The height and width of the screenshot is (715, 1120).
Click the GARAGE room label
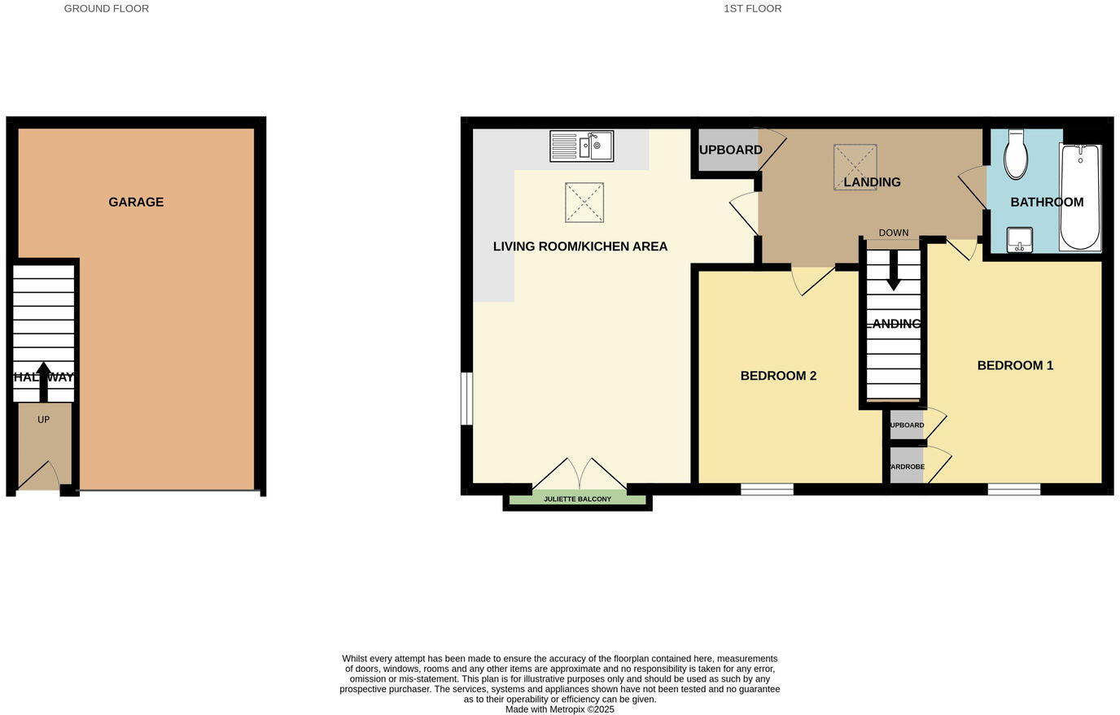(x=136, y=202)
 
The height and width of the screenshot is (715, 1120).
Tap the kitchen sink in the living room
(x=581, y=146)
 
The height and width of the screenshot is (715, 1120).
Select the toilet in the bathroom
(x=1015, y=155)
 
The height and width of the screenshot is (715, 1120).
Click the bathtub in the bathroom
(x=1079, y=197)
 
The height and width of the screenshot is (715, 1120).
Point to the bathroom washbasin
(x=1019, y=240)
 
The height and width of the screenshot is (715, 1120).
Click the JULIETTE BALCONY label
(x=577, y=499)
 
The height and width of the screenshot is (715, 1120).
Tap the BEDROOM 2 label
(x=778, y=376)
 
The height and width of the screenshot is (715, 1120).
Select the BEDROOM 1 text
(x=1015, y=365)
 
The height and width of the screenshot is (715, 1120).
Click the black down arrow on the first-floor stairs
(x=893, y=270)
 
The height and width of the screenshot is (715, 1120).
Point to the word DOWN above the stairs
(x=893, y=233)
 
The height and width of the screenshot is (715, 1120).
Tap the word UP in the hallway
(x=44, y=420)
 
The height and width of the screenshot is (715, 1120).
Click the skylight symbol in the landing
(x=855, y=167)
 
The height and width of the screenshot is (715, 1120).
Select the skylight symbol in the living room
(x=584, y=203)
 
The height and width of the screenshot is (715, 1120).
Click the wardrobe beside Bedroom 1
(x=907, y=467)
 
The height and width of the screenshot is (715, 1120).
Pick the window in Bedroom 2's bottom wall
(x=767, y=489)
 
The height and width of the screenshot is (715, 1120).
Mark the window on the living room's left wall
(x=466, y=399)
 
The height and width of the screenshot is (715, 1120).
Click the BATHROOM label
(x=1047, y=202)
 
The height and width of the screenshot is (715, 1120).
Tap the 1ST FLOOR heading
(x=752, y=9)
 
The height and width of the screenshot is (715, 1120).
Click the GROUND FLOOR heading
(x=107, y=9)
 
